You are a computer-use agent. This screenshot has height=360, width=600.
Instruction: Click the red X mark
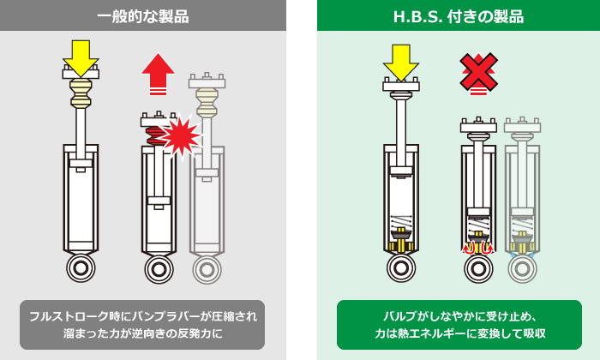coord(477,71)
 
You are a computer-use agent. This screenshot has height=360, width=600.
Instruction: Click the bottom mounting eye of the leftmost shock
coord(81,268)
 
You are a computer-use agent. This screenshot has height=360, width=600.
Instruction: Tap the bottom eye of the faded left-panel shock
coord(205,268)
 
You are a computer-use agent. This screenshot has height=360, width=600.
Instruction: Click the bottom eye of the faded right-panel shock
coord(522,268)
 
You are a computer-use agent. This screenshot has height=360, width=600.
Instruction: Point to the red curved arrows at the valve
coord(478,248)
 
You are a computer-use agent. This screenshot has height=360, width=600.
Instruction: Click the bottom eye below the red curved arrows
coord(478,268)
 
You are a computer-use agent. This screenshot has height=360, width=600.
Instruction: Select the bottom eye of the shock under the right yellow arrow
coord(400,268)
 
